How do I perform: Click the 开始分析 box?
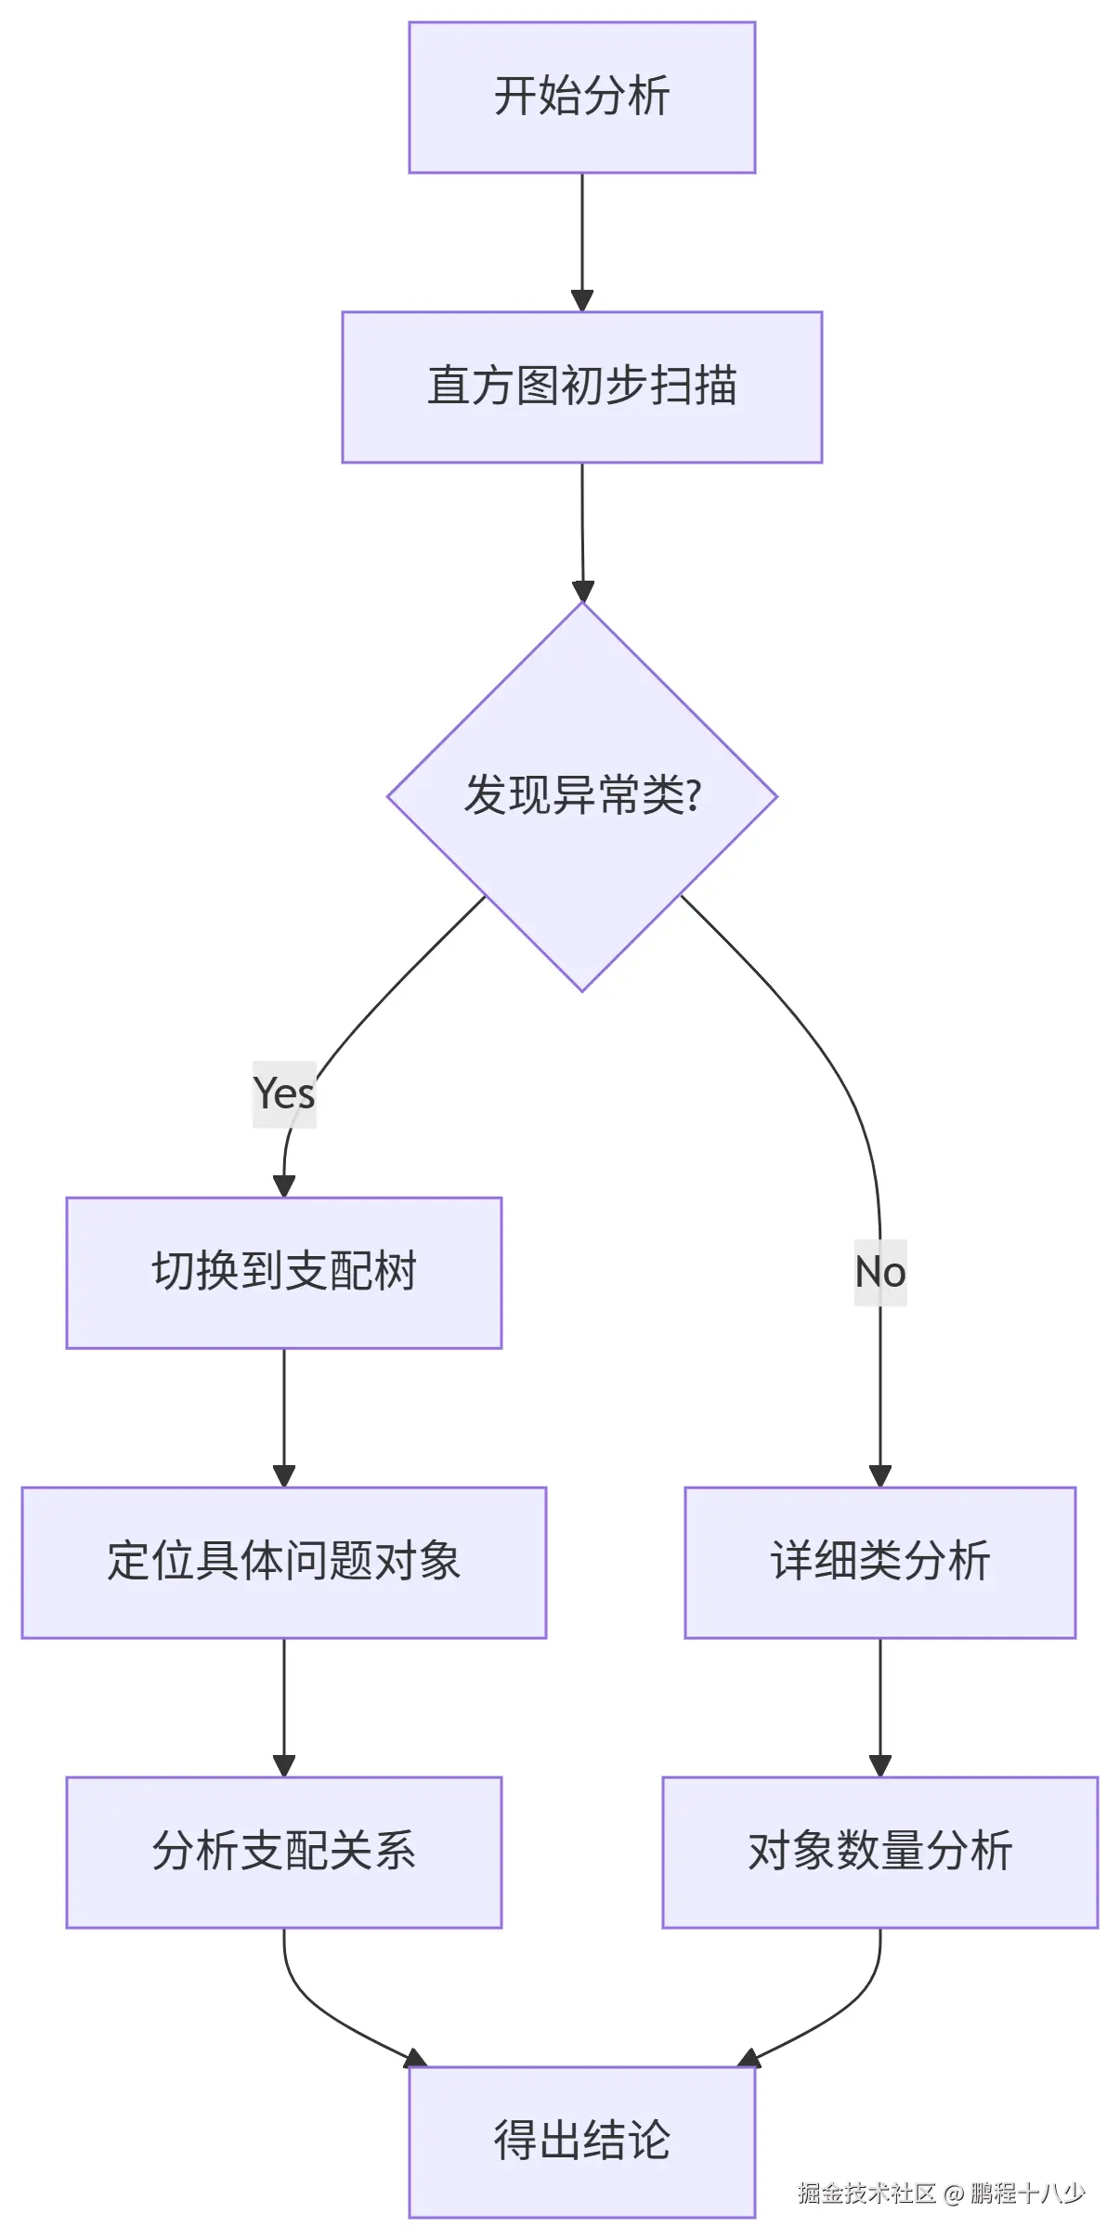581,98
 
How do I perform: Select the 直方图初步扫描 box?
581,386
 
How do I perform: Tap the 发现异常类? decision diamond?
581,796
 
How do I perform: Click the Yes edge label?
284,1094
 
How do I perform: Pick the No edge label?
879,1272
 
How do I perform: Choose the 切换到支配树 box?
283,1272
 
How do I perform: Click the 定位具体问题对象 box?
283,1562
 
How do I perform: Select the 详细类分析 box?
879,1562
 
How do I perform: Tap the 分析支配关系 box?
283,1852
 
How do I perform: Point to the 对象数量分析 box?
879,1852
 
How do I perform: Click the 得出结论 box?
581,2142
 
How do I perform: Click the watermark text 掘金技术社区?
866,2194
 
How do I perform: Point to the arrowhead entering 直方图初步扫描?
581,301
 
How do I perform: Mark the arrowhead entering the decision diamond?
582,591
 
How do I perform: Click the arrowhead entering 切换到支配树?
284,1185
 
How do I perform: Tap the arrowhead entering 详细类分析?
879,1475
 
